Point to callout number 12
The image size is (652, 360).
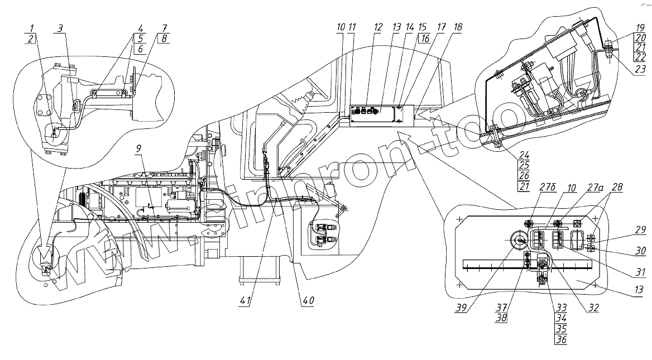378,27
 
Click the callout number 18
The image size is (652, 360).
457,27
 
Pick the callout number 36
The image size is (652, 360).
562,338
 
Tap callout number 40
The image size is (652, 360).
308,300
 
